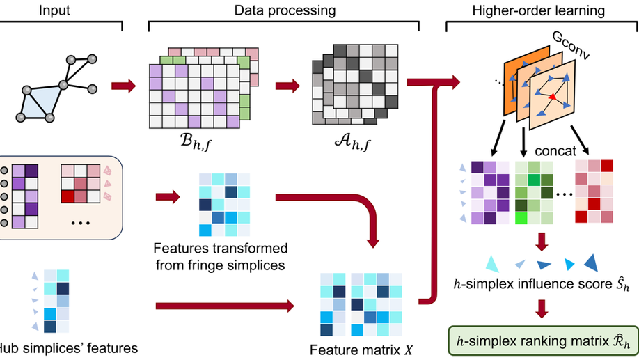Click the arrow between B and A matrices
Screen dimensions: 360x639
click(286, 87)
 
